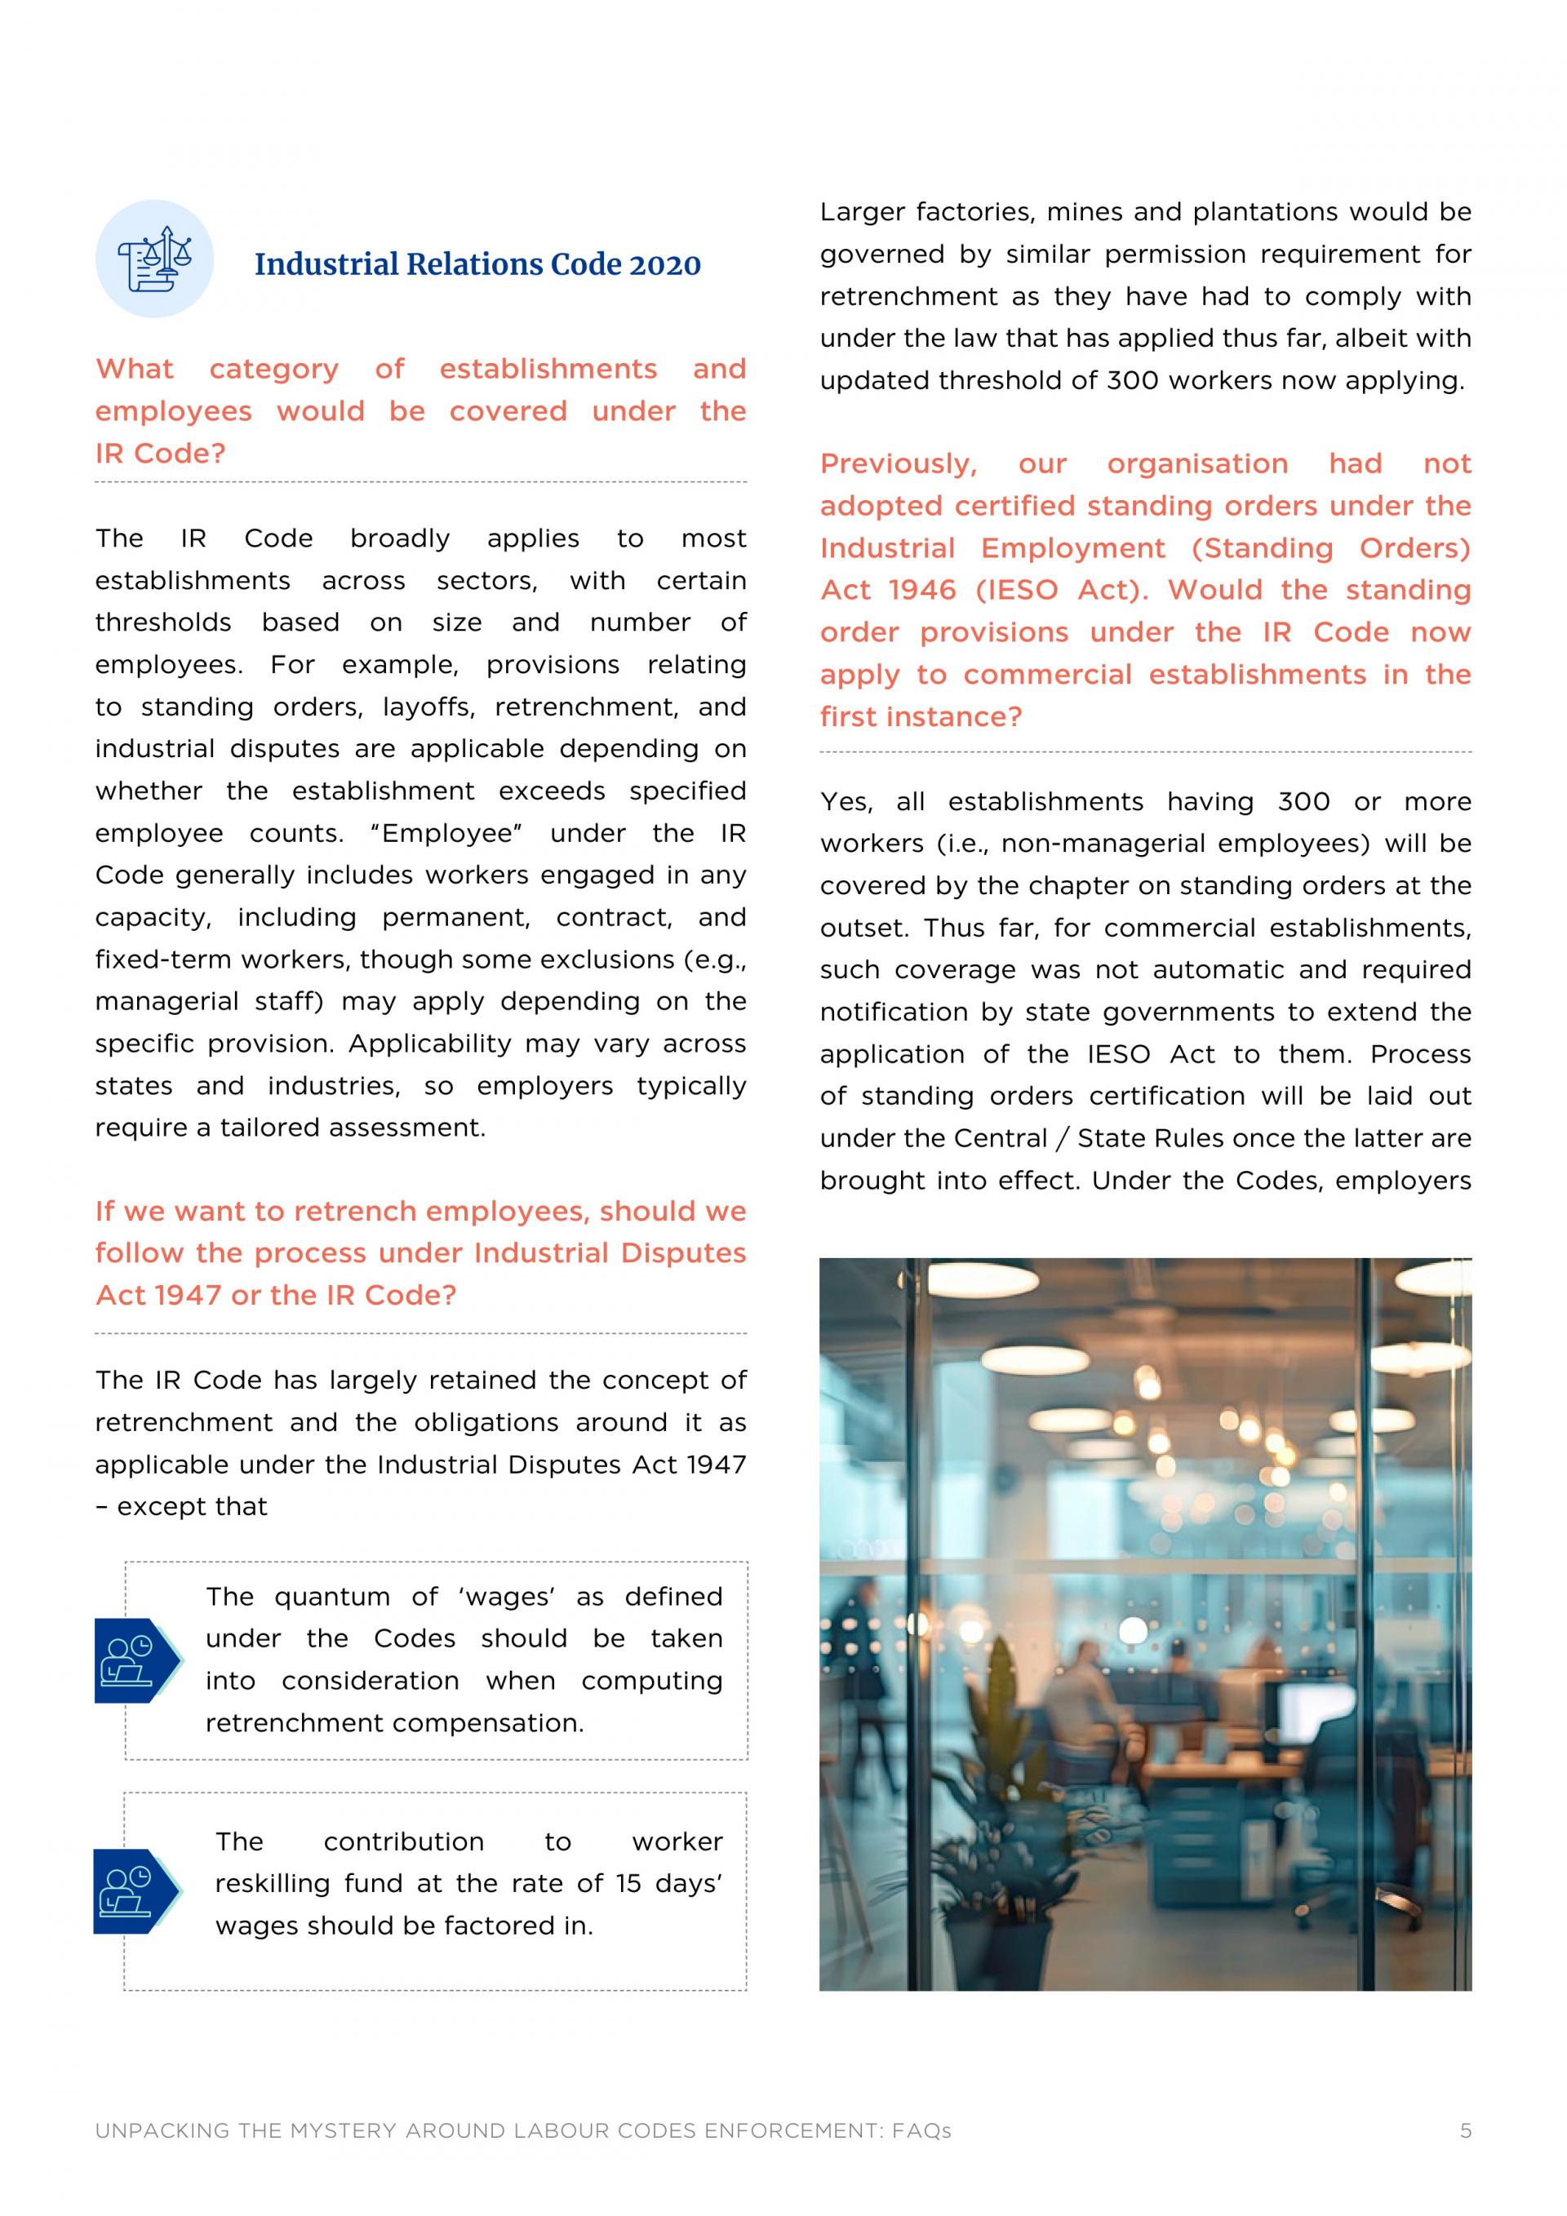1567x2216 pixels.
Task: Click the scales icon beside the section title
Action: coord(154,259)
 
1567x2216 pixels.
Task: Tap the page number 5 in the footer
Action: coord(1465,2131)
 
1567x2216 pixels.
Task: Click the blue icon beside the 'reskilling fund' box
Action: coord(134,1892)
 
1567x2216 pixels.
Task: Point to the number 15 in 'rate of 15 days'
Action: coord(628,1883)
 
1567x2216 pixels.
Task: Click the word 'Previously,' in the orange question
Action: coord(898,464)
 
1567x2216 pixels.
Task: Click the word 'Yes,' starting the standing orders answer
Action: coord(846,802)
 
